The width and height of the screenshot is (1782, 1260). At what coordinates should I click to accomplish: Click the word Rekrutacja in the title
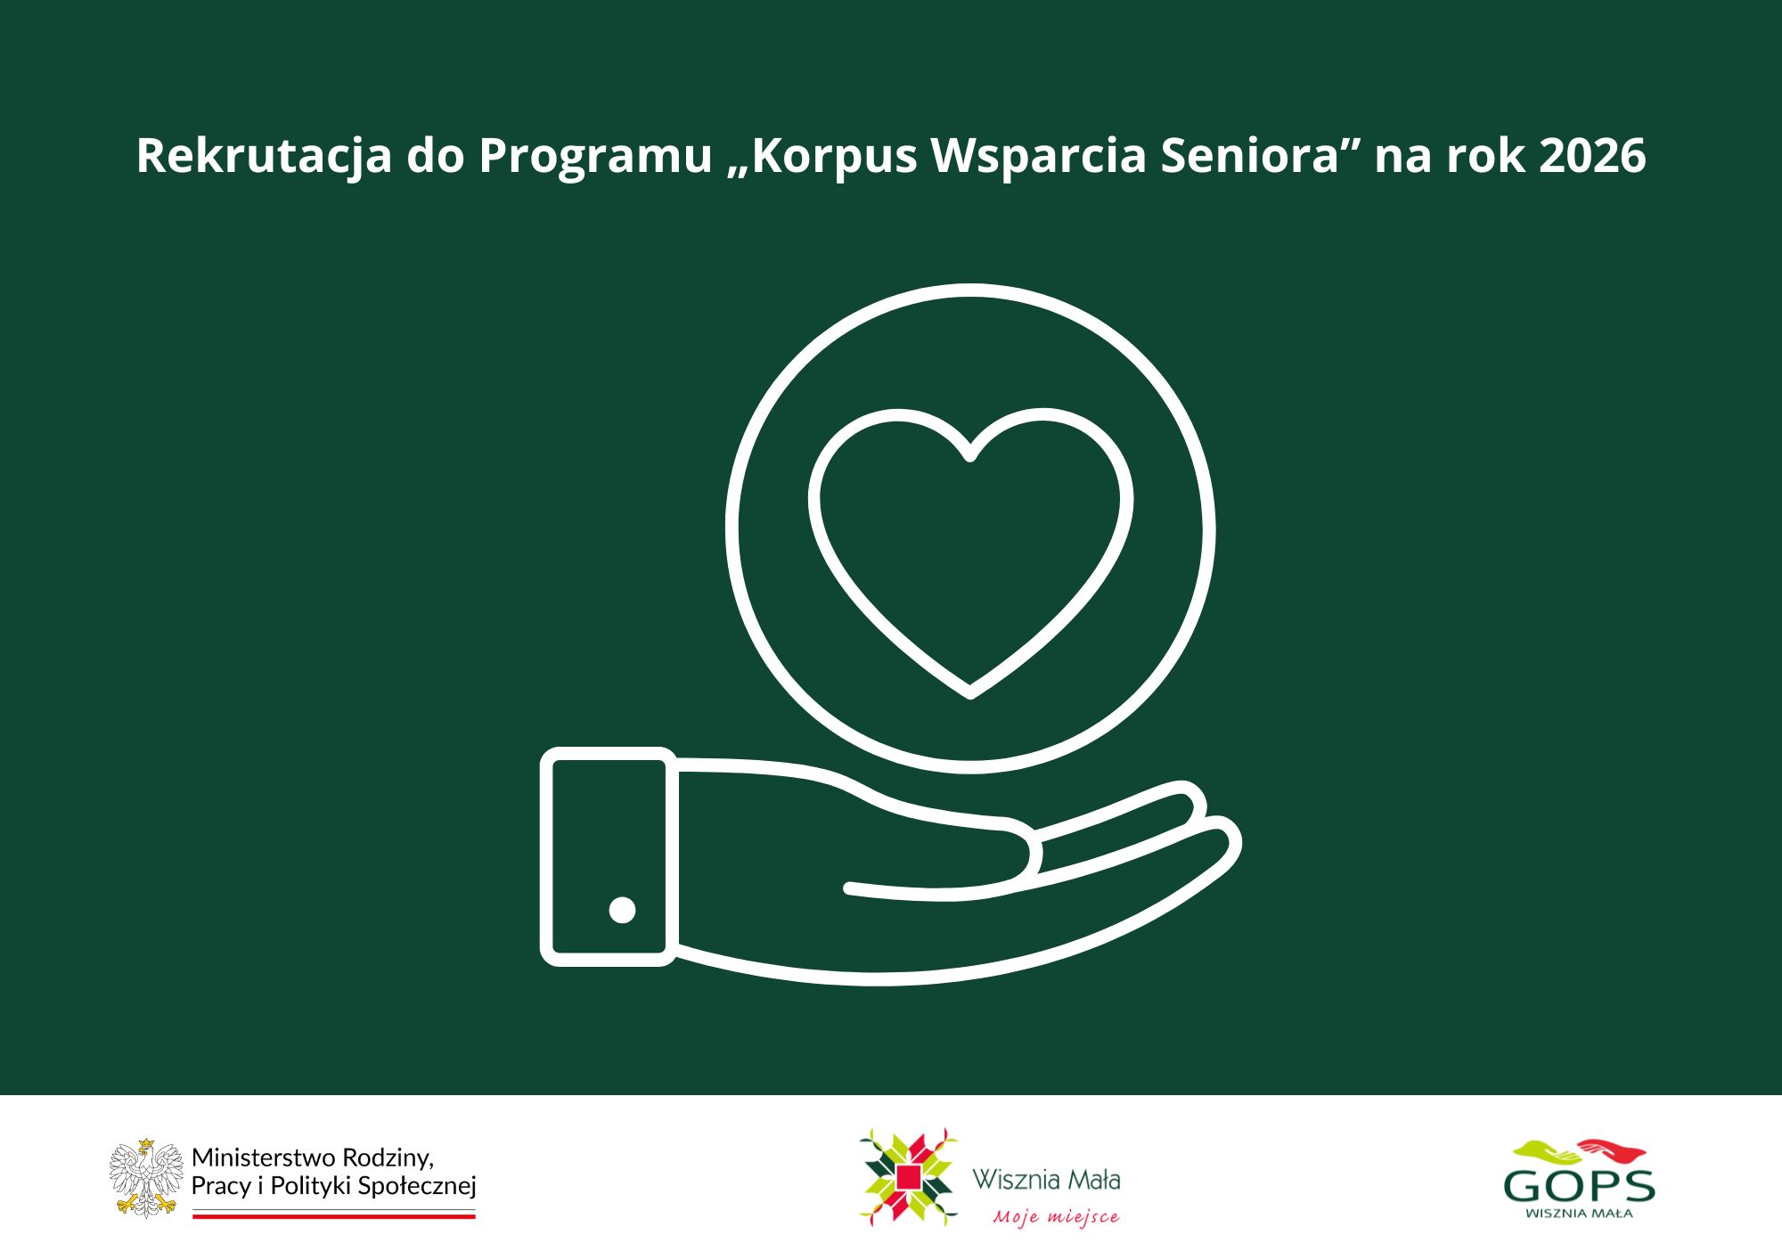264,157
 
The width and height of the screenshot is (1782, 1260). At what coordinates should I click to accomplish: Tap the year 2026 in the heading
1592,155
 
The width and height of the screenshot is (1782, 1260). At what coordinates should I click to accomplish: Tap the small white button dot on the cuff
622,910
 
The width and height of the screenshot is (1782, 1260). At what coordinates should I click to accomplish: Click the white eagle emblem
146,1177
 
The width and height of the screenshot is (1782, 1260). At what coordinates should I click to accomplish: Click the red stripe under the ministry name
334,1215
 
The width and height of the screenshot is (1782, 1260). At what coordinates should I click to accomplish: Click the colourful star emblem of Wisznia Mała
908,1177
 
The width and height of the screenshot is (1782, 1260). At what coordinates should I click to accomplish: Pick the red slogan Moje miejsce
1057,1216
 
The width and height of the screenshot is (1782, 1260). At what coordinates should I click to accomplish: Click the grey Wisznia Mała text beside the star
1046,1180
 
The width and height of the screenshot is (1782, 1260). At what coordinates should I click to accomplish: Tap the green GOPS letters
1579,1186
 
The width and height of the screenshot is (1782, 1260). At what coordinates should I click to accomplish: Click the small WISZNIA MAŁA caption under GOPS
1579,1213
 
